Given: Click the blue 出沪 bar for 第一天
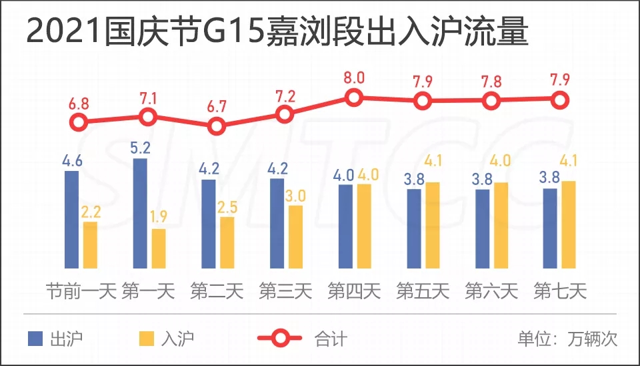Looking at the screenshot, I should [140, 214].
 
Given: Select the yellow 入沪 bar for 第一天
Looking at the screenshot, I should [158, 248].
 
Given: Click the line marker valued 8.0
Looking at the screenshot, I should [354, 98].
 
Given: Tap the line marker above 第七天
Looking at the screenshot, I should [561, 100].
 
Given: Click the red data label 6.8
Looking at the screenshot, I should [79, 106].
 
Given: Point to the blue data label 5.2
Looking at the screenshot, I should [140, 148].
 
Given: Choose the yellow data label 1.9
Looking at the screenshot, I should [159, 218].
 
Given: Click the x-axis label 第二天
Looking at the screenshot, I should [217, 292].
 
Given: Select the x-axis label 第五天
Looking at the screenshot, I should [423, 292].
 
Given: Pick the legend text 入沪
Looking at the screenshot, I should [177, 338].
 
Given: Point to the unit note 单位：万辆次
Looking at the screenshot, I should [567, 338].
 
